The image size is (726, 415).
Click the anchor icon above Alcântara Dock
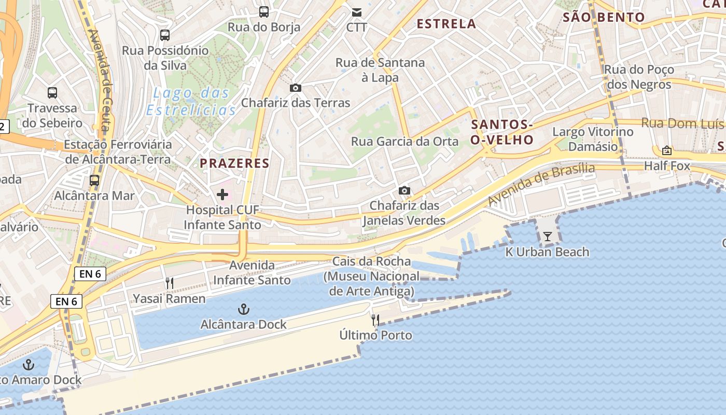tap(243, 310)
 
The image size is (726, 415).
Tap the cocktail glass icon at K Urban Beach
tap(548, 237)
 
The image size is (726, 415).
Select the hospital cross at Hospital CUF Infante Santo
tap(222, 195)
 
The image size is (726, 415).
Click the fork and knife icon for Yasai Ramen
tap(169, 283)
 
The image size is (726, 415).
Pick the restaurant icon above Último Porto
tap(376, 320)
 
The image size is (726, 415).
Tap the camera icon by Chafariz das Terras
tap(296, 88)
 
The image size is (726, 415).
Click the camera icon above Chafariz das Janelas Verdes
tap(404, 190)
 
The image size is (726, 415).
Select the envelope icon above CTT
tap(357, 12)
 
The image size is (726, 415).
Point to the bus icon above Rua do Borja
tap(264, 11)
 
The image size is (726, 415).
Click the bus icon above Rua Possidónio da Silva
tap(165, 35)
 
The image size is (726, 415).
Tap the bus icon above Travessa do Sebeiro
tap(52, 93)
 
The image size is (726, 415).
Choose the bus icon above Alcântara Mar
tap(94, 181)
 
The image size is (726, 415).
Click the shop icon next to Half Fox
tap(667, 150)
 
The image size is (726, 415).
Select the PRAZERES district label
tap(234, 163)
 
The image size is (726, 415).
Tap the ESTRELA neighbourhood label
tap(446, 24)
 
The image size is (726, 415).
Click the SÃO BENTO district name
tap(604, 17)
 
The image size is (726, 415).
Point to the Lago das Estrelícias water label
tap(191, 102)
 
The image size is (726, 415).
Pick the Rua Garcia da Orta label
tap(404, 142)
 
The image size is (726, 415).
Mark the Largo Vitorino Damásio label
tap(593, 139)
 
